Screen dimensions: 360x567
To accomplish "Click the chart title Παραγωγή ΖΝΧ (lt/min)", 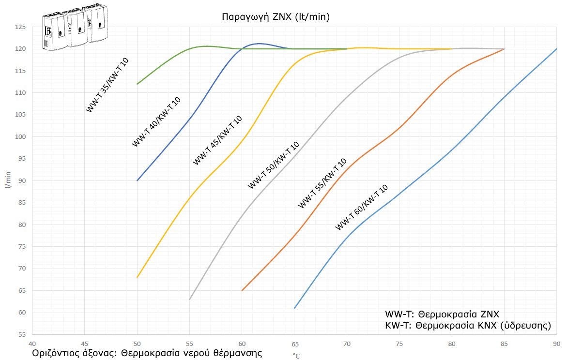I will pos(276,17).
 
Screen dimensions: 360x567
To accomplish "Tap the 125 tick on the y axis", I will pos(21,27).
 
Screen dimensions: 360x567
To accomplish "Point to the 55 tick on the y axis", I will pos(21,334).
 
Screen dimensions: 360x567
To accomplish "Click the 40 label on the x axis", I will pos(32,344).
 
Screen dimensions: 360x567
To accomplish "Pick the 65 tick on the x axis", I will pos(294,344).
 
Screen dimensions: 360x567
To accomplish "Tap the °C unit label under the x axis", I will pos(296,356).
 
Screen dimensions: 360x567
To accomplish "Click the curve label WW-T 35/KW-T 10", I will pos(107,85).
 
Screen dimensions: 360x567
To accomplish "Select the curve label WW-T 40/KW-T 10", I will pos(156,122).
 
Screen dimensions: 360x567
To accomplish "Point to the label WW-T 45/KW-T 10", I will pos(217,140).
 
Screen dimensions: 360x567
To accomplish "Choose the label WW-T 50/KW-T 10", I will pos(273,165).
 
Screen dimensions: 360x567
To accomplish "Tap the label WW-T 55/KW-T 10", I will pos(322,183).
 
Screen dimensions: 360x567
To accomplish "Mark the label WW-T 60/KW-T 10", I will pos(362,207).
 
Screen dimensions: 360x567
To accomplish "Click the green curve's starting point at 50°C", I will pos(138,84).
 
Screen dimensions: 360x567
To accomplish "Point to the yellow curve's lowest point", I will pos(138,277).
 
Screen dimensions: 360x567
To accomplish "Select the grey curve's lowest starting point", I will pos(190,299).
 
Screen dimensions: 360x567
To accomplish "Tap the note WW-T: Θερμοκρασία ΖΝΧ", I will pos(442,313).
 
